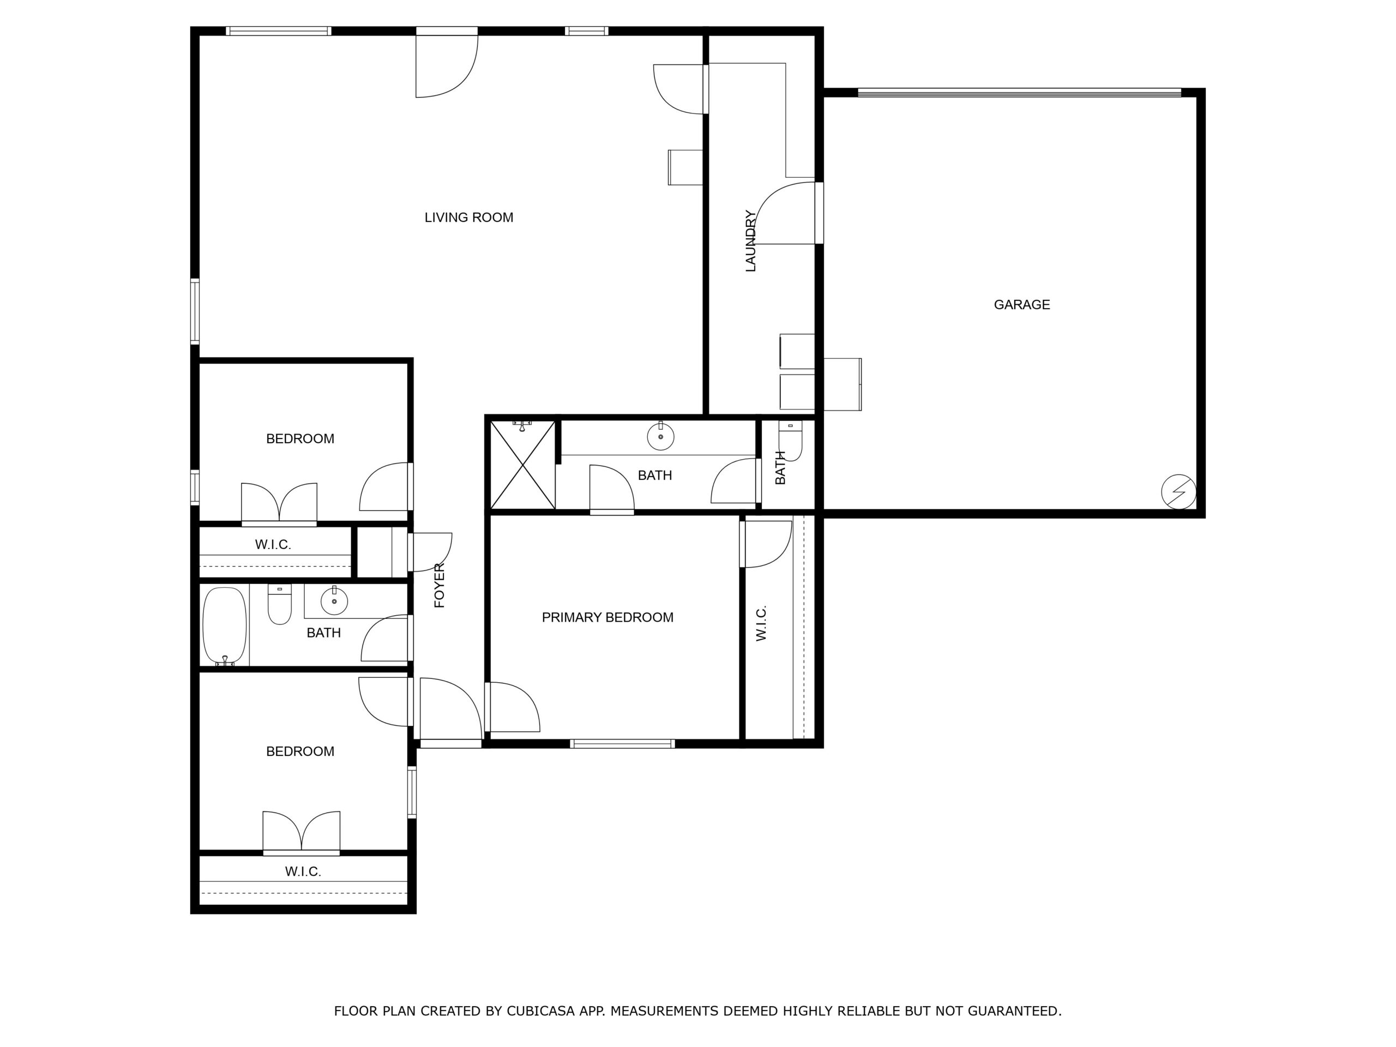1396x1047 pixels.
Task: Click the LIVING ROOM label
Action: pyautogui.click(x=468, y=218)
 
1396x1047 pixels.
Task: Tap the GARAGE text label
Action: pyautogui.click(x=1022, y=305)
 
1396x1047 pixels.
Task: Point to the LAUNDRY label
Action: pyautogui.click(x=750, y=241)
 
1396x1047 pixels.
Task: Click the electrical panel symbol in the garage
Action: pyautogui.click(x=1178, y=492)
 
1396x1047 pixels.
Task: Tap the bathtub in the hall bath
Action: pyautogui.click(x=225, y=625)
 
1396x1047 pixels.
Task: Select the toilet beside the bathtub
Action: pyautogui.click(x=280, y=605)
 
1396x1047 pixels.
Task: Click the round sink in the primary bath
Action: pyautogui.click(x=661, y=436)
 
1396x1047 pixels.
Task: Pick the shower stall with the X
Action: pyautogui.click(x=523, y=465)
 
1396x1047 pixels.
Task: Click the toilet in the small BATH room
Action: pyautogui.click(x=790, y=441)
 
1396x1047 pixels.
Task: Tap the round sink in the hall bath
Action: pyautogui.click(x=334, y=601)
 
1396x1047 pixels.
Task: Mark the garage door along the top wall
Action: pyautogui.click(x=1019, y=93)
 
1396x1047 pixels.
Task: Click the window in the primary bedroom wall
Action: pyautogui.click(x=622, y=744)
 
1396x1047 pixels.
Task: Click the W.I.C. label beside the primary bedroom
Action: pyautogui.click(x=761, y=623)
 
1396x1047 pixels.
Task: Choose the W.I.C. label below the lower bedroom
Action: pyautogui.click(x=303, y=871)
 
